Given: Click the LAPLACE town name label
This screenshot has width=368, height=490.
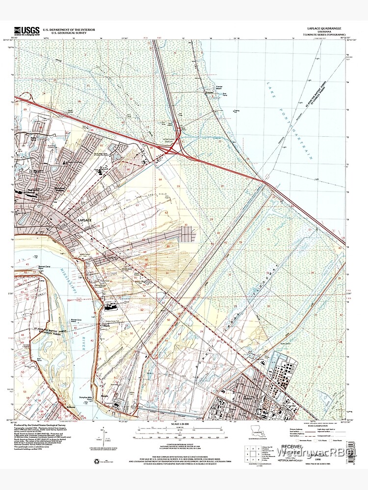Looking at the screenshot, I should pos(84,221).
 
